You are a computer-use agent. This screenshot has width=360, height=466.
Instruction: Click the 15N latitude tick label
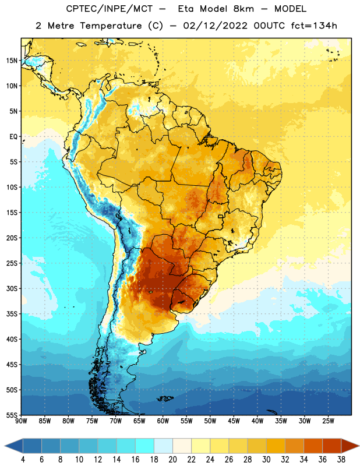click(12, 61)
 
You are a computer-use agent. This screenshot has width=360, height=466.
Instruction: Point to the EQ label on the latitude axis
click(13, 137)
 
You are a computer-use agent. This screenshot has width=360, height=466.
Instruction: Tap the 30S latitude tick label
click(12, 288)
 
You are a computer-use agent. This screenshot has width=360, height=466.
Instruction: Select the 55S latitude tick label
click(12, 415)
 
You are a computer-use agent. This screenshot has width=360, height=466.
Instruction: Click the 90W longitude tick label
click(21, 421)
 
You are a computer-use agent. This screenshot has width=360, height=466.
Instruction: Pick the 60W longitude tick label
click(163, 421)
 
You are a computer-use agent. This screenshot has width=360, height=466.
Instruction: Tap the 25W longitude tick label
click(328, 421)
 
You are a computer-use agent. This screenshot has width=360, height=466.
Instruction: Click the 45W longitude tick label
click(234, 421)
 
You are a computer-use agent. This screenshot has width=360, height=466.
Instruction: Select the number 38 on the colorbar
click(341, 460)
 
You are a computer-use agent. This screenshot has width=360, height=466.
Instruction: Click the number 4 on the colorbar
click(23, 460)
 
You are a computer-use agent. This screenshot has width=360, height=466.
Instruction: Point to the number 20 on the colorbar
click(172, 460)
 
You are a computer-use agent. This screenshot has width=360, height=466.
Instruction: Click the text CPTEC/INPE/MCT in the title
click(109, 9)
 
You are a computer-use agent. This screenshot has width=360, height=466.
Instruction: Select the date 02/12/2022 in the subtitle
click(215, 26)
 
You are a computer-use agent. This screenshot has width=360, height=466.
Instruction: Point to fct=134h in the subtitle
click(314, 26)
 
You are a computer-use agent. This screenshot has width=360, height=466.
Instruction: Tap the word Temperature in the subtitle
click(111, 26)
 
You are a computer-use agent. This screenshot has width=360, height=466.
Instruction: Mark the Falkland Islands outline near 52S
click(165, 398)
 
